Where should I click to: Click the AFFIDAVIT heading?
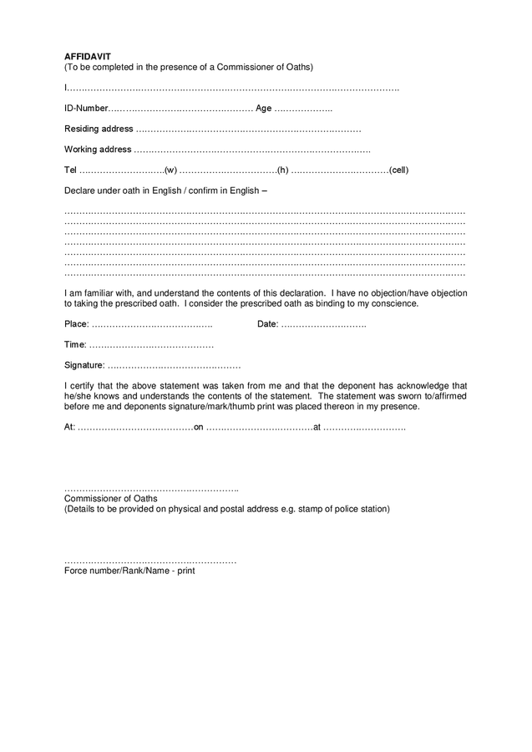click(87, 57)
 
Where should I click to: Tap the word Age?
click(263, 109)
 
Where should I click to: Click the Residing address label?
click(99, 129)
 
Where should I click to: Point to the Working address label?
click(98, 150)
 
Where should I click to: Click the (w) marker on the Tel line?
click(170, 170)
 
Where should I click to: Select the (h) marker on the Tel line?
click(282, 170)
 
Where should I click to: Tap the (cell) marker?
click(398, 170)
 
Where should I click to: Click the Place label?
click(76, 324)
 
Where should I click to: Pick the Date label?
click(267, 324)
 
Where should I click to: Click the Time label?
click(75, 344)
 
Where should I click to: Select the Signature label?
click(84, 365)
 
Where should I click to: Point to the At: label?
click(69, 427)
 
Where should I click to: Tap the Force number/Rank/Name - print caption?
click(129, 572)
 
